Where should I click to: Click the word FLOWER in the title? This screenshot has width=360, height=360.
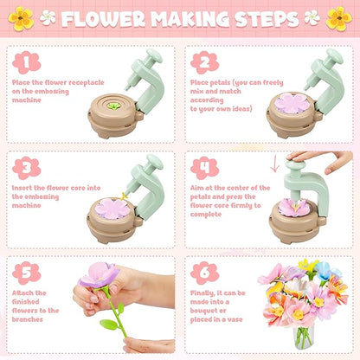pos(103,19)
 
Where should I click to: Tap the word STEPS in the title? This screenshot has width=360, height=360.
pos(267,19)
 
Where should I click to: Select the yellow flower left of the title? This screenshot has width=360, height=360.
pos(21,18)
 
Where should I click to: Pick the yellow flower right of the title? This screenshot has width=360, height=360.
pos(339,18)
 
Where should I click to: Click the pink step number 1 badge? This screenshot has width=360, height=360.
pos(26,62)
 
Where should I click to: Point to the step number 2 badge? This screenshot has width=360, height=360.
pos(204,62)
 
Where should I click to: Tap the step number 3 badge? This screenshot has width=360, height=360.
pos(26,168)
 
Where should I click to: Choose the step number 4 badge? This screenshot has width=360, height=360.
pos(204,168)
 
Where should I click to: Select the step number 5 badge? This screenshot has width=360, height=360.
pos(26,273)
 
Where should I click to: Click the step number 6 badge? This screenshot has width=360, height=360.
pos(204,273)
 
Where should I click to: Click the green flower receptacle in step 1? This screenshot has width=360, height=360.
pos(114,106)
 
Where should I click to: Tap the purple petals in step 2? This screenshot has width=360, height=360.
pos(292,103)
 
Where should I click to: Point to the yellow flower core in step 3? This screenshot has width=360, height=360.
pos(124,196)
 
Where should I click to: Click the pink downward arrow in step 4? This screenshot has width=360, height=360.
pos(275,164)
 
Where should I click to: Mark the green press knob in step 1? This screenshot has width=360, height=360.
pos(154,55)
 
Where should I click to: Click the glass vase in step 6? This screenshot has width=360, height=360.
pos(303,337)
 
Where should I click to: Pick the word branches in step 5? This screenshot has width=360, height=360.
pos(28,319)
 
